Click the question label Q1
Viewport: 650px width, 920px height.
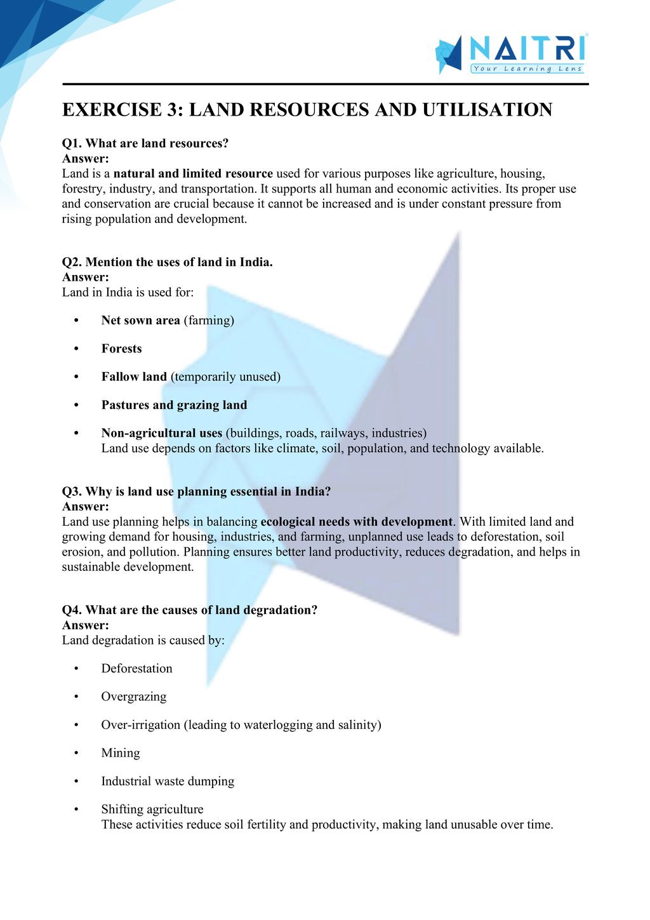click(x=72, y=143)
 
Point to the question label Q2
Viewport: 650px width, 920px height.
click(x=72, y=262)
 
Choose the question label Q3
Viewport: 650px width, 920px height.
click(x=72, y=491)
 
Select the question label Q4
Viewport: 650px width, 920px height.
click(x=72, y=610)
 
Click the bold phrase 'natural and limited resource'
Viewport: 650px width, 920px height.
click(x=193, y=173)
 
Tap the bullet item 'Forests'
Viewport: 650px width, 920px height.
click(x=121, y=349)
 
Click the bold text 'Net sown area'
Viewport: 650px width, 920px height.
click(x=140, y=321)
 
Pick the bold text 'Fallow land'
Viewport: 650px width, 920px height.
click(x=134, y=377)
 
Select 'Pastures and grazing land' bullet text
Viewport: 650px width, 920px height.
click(x=174, y=405)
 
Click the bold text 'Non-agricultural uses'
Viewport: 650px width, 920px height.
click(x=161, y=433)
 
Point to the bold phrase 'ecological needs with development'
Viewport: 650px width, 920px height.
click(x=357, y=522)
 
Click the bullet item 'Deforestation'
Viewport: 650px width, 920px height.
click(x=136, y=669)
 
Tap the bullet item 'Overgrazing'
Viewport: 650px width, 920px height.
click(x=133, y=697)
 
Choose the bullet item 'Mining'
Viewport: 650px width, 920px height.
click(x=120, y=753)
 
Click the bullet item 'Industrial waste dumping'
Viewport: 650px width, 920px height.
click(x=168, y=781)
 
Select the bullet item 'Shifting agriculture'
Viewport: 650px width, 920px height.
click(x=152, y=810)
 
